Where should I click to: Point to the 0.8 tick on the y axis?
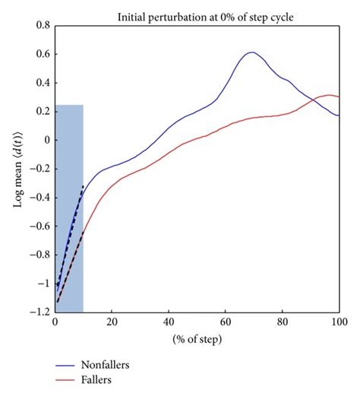tap(40, 25)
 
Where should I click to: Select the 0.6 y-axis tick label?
tap(40, 54)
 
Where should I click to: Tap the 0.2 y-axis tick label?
tap(40, 111)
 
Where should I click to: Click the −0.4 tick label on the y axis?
tap(37, 197)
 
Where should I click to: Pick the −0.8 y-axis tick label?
tap(37, 255)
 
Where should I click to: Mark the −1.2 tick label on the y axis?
tap(37, 312)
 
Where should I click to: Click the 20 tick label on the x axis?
tap(112, 322)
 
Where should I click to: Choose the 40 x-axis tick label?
tap(169, 322)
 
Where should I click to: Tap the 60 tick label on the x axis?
tap(226, 322)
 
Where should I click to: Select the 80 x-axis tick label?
tap(283, 322)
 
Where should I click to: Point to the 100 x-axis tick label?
tap(339, 322)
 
